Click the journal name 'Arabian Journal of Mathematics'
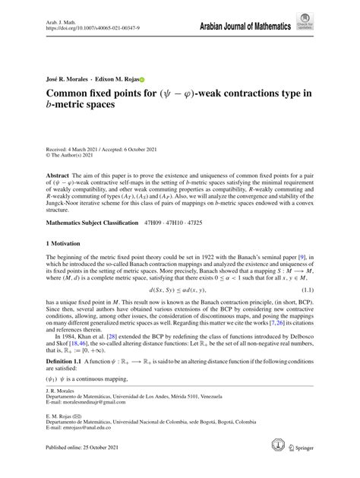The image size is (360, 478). pyautogui.click(x=245, y=27)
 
